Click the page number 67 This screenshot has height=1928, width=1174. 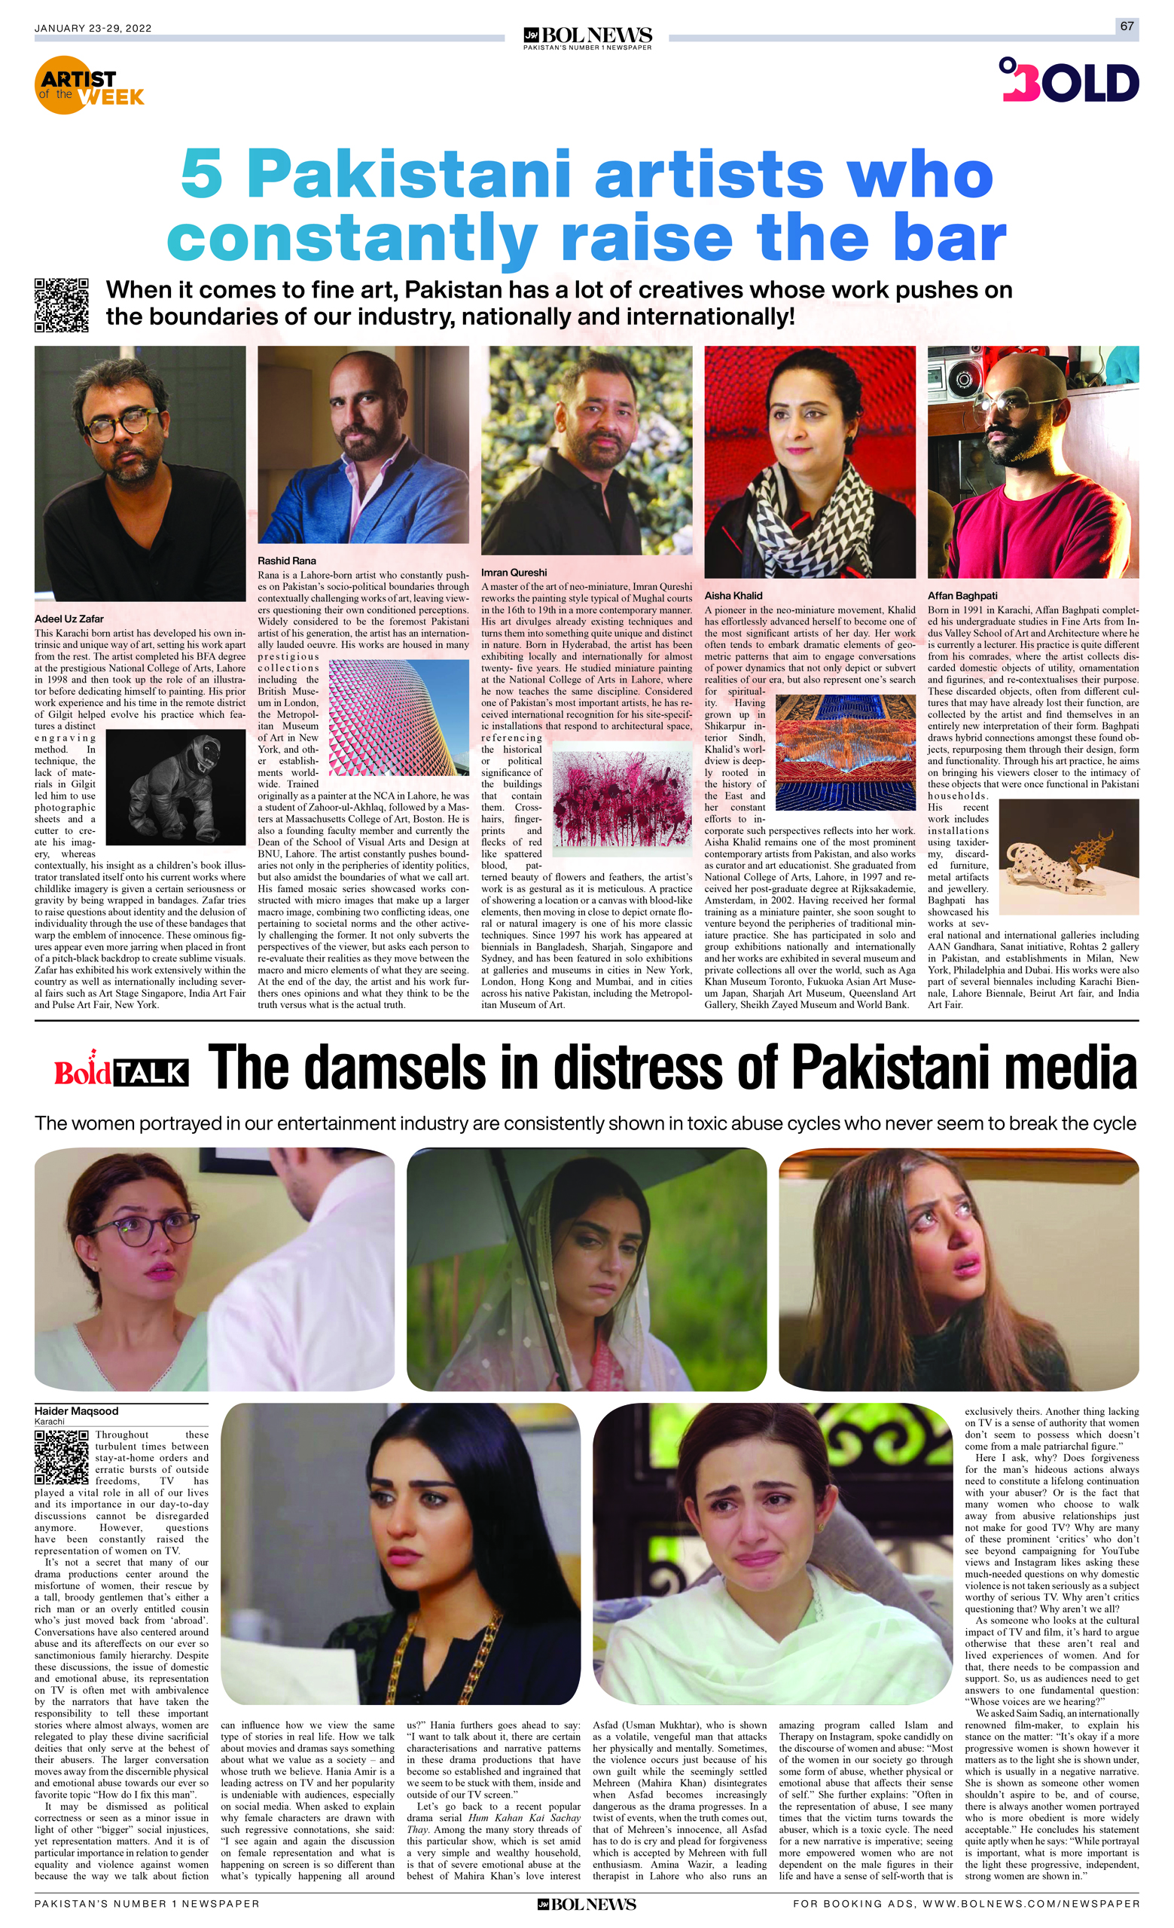pos(1127,26)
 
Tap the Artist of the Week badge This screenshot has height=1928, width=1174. pos(90,86)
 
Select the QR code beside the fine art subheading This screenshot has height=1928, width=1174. pos(61,305)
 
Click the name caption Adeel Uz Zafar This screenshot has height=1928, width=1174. pos(69,619)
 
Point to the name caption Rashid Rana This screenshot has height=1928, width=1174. pos(287,561)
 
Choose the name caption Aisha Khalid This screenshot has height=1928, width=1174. pos(733,595)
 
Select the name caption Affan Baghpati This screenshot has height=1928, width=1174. pos(962,595)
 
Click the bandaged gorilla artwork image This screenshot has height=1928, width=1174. pos(165,787)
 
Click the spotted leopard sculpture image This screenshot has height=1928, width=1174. pos(1069,855)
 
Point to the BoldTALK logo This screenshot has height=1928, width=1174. pos(121,1071)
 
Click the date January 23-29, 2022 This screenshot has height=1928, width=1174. pos(93,28)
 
